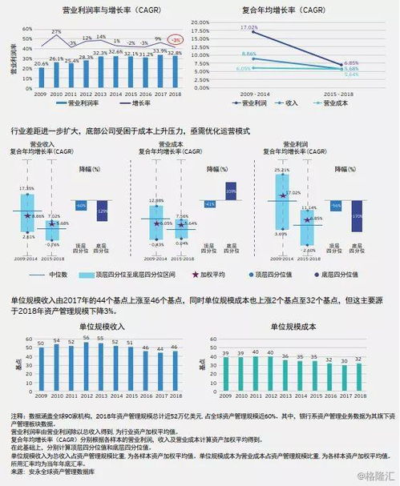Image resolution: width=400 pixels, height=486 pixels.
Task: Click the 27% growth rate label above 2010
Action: click(x=57, y=32)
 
